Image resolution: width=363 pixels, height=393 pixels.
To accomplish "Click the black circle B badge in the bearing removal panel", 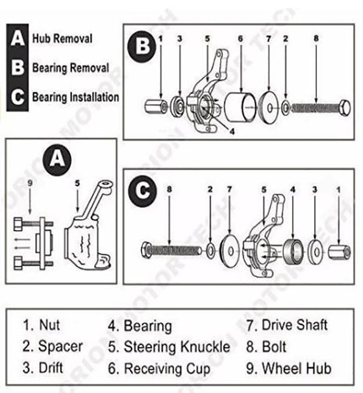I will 142,47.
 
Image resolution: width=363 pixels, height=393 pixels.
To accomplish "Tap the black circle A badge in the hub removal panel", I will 58,159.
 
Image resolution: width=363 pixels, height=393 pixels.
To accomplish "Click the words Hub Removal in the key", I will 62,38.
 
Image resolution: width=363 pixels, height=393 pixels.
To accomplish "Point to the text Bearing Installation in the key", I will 76,97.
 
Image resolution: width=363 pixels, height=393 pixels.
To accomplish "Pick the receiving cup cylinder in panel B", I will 241,107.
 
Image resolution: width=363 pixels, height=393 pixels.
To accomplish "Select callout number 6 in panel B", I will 241,38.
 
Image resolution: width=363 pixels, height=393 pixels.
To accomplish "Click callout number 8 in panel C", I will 168,187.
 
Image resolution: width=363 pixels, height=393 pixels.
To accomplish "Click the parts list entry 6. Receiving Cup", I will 160,369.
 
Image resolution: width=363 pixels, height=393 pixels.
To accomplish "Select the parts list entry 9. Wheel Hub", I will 288,369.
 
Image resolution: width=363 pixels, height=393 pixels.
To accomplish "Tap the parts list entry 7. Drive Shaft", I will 287,325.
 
